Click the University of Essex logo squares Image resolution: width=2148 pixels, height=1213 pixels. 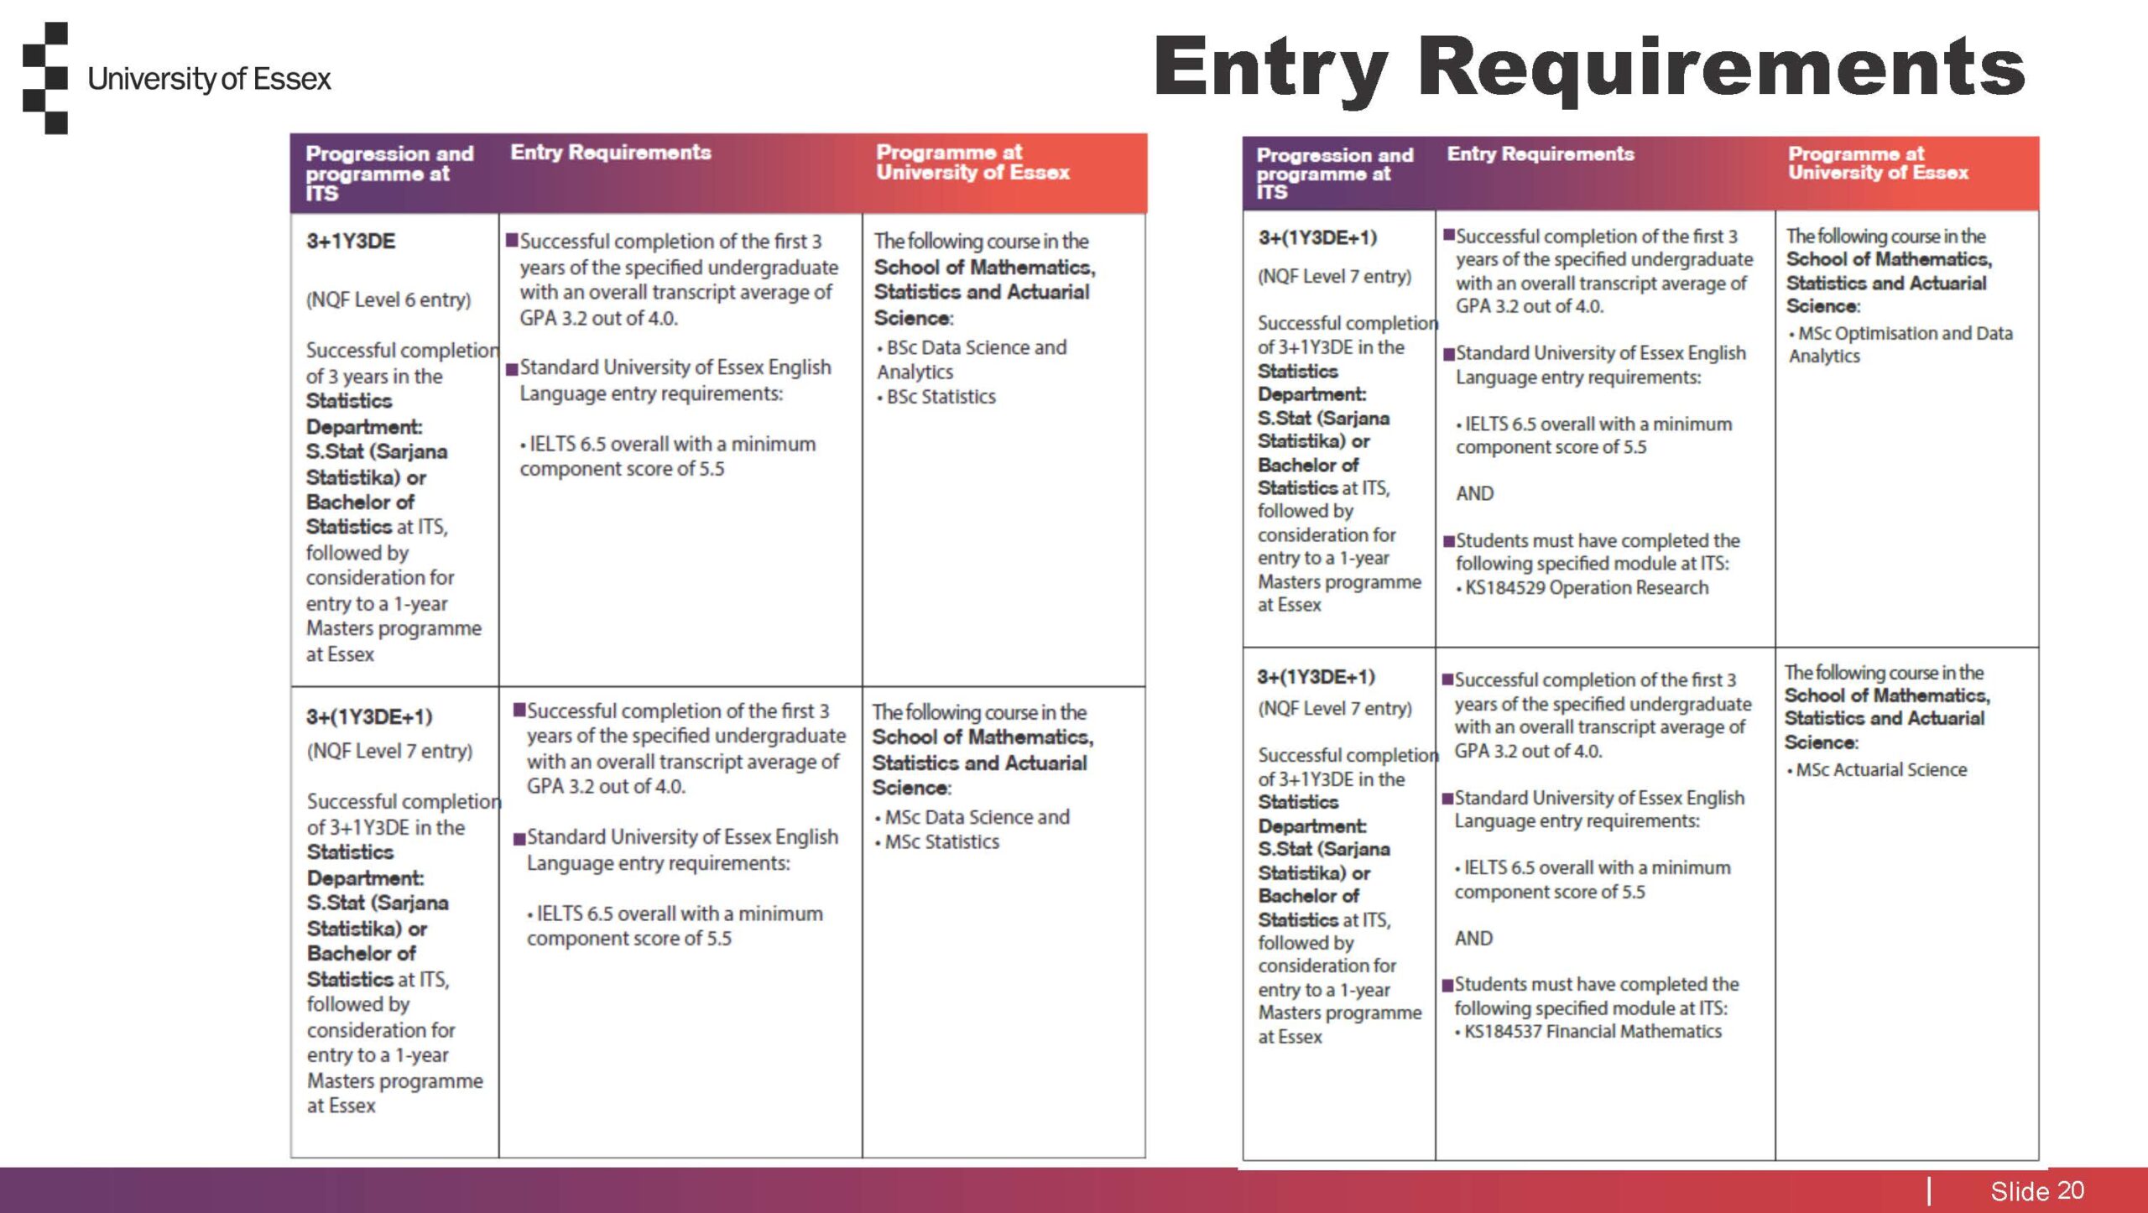(45, 78)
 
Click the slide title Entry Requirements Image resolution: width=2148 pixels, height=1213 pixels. (1589, 67)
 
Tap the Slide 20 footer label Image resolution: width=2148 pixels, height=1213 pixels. (2036, 1190)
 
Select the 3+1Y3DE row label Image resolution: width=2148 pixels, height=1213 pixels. (350, 242)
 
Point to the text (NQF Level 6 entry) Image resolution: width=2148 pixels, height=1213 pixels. (388, 299)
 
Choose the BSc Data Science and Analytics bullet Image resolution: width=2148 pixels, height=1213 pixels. (972, 359)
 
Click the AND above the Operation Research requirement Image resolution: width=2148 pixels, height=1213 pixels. (1474, 493)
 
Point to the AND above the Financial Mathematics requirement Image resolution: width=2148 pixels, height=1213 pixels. (1473, 938)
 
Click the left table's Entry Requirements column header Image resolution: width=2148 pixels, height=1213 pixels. (610, 153)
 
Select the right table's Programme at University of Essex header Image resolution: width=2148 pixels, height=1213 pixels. (1877, 163)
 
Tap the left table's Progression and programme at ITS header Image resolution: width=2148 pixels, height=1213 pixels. (388, 173)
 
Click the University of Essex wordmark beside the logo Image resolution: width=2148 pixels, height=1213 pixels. (209, 79)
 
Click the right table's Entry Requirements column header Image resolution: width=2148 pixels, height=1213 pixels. (1540, 154)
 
